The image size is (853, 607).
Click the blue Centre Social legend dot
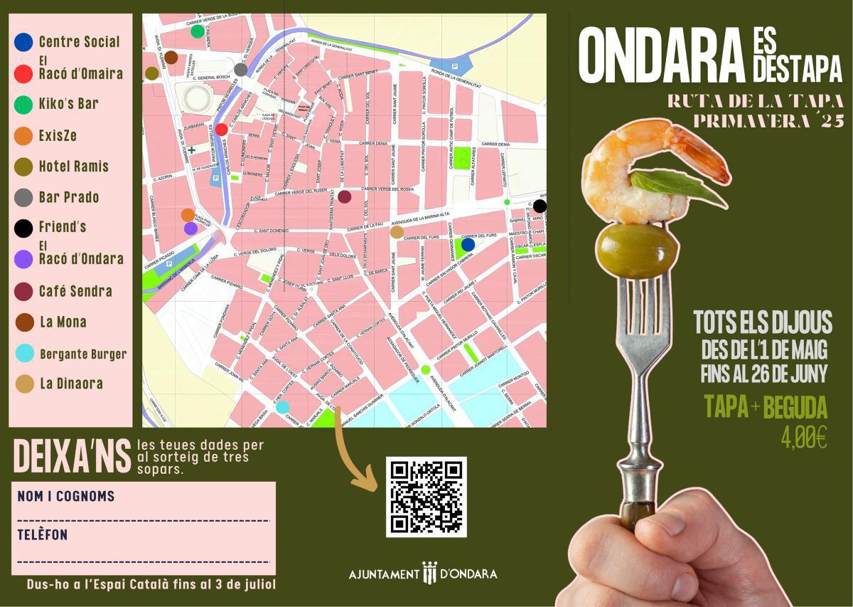pyautogui.click(x=23, y=42)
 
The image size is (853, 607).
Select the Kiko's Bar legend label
pyautogui.click(x=68, y=104)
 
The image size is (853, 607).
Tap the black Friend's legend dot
pyautogui.click(x=23, y=228)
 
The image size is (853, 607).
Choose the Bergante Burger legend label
pyautogui.click(x=83, y=354)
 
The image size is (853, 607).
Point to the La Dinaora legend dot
pyautogui.click(x=25, y=384)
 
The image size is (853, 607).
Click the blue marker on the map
pyautogui.click(x=468, y=244)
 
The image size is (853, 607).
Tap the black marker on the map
pyautogui.click(x=540, y=206)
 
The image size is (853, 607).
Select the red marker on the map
pyautogui.click(x=222, y=130)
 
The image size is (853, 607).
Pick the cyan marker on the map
pyautogui.click(x=283, y=406)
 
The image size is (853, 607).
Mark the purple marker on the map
pyautogui.click(x=191, y=228)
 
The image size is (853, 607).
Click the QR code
pyautogui.click(x=426, y=497)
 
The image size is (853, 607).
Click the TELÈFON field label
pyautogui.click(x=43, y=535)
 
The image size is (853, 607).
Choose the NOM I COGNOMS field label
pyautogui.click(x=66, y=496)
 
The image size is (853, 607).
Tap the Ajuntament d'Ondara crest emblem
pyautogui.click(x=429, y=573)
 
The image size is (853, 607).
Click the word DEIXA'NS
pyautogui.click(x=73, y=457)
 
